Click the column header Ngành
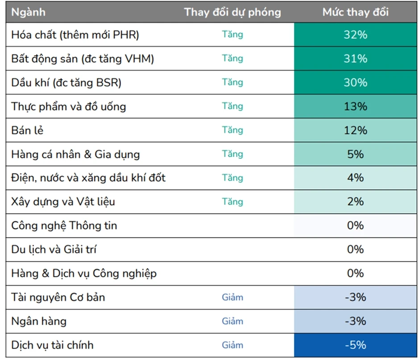point(28,12)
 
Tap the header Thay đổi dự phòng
point(232,12)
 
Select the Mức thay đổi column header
point(355,12)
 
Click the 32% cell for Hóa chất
point(355,35)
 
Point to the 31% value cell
point(355,58)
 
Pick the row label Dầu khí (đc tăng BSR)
point(66,83)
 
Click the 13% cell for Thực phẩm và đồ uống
point(355,106)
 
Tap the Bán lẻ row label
point(27,130)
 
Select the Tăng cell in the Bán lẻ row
point(232,130)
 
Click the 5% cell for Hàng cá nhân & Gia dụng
point(355,154)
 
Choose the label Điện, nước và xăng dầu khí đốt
point(88,178)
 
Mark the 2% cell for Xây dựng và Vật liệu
point(355,202)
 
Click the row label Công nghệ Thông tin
point(64,226)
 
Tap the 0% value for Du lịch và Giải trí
point(355,249)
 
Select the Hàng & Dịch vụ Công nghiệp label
point(84,273)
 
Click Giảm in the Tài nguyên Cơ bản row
point(232,297)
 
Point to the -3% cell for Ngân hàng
point(355,321)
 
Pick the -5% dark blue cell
point(355,345)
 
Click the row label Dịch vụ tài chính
point(52,345)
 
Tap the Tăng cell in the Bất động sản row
point(232,58)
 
